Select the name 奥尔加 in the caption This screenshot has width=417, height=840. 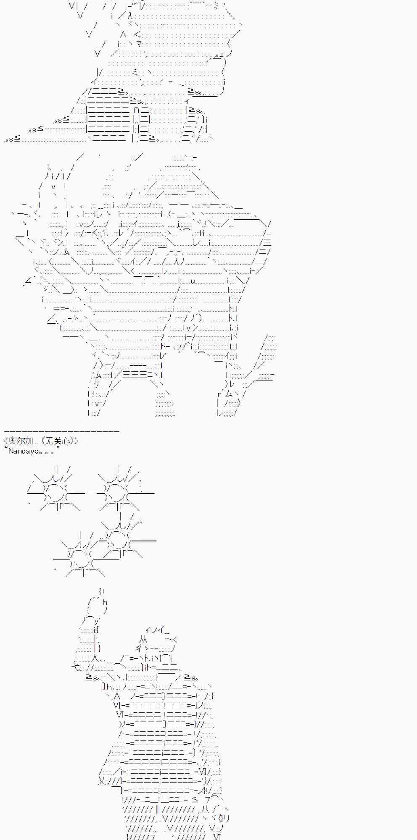(20, 441)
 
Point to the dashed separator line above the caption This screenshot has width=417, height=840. (62, 431)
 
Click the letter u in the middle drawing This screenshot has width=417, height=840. (193, 281)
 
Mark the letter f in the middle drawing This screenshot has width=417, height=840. (61, 328)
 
